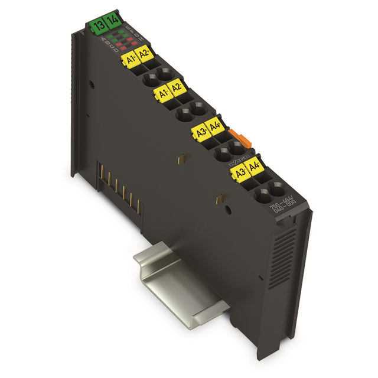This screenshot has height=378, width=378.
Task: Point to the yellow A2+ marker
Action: click(145, 56)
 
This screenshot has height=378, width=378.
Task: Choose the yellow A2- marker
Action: click(176, 90)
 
